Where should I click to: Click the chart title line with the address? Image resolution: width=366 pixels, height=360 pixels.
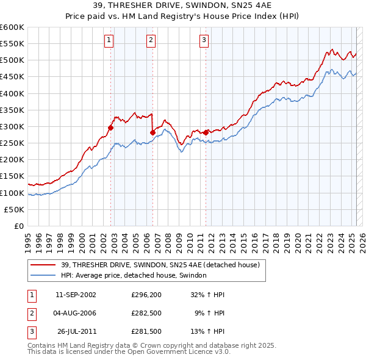point(182,5)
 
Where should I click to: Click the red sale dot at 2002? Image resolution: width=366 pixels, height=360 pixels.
point(111,128)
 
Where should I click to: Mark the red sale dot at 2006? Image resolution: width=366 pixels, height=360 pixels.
point(152,132)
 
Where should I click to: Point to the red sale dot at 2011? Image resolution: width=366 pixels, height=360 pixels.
point(206,132)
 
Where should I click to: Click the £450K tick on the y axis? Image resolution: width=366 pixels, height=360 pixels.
point(12,77)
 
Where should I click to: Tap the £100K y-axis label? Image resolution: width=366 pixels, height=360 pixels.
point(12,193)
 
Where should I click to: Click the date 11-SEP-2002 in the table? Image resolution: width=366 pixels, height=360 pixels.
point(76,295)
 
